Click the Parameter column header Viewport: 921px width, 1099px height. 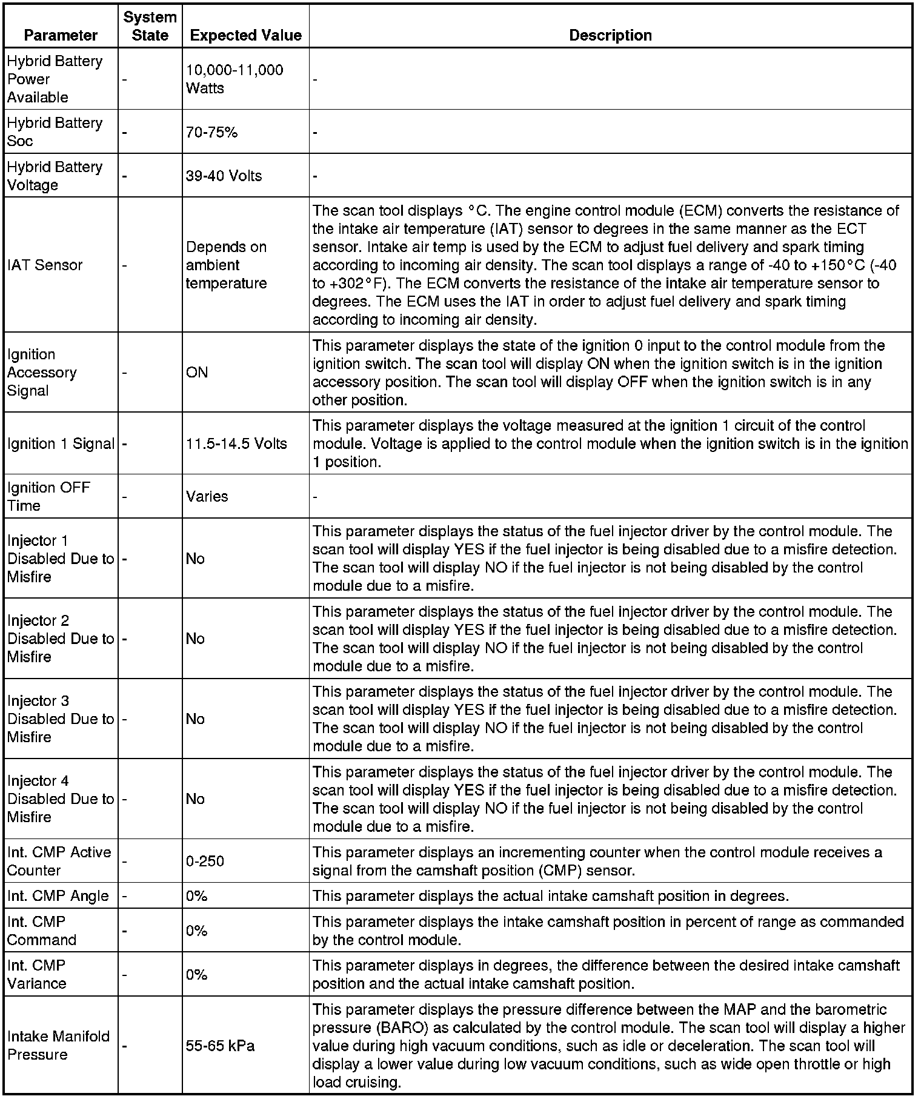tap(61, 35)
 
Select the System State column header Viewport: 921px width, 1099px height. tap(150, 26)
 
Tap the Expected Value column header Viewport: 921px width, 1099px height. tap(245, 35)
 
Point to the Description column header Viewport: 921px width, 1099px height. tap(610, 35)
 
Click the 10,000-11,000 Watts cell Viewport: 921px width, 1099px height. tap(234, 79)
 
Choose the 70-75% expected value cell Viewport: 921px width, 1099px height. tap(211, 132)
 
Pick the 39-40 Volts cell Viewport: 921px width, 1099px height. tap(224, 176)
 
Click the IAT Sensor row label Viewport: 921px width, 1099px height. tap(45, 265)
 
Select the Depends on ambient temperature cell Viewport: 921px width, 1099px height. tap(226, 265)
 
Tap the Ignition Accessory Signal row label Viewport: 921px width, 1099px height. tap(42, 372)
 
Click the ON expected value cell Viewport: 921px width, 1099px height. tap(197, 372)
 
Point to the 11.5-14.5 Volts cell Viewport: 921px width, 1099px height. tap(236, 443)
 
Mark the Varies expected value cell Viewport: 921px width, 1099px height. tap(207, 496)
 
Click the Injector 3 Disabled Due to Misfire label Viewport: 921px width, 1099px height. tap(61, 719)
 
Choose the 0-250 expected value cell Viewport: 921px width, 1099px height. tap(205, 861)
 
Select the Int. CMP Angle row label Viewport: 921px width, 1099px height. tap(58, 895)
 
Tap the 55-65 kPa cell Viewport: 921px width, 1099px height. tap(220, 1046)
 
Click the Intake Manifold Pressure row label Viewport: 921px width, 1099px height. tap(59, 1045)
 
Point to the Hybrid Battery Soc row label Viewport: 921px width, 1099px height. tap(55, 131)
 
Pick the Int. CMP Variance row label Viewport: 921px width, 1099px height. tap(37, 974)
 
